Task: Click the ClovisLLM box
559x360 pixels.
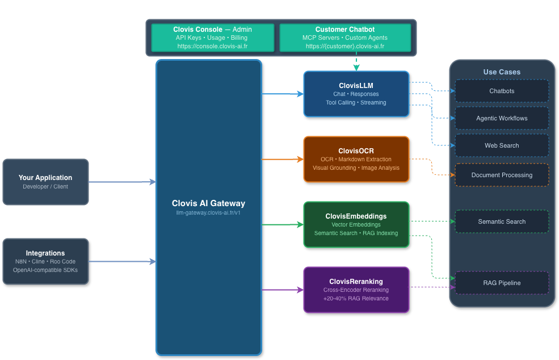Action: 356,94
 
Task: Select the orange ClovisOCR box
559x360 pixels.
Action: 356,159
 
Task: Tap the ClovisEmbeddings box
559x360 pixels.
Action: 356,224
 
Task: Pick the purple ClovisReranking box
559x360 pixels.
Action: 356,290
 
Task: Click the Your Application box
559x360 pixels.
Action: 45,182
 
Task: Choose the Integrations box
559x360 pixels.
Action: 45,261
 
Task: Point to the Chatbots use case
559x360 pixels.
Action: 502,91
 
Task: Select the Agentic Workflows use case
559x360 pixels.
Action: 502,118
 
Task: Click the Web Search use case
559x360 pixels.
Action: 502,145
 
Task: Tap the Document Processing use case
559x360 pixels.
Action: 502,175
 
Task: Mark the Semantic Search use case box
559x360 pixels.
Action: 502,221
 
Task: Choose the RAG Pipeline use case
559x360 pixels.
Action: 502,283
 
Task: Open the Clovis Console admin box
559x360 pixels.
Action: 213,37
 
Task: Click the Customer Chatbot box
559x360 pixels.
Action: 345,37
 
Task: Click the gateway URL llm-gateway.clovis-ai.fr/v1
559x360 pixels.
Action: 209,212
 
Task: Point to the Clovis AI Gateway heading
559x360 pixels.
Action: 209,203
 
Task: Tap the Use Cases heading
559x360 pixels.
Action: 502,72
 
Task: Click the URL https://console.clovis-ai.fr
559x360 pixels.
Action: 213,46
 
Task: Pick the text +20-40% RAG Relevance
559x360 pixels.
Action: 356,298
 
